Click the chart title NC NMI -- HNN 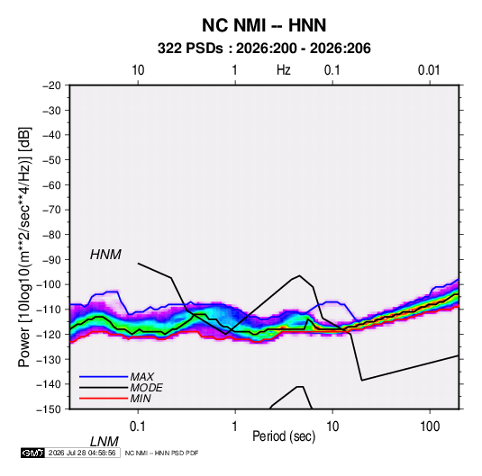[x=264, y=25]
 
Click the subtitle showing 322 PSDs [x=264, y=49]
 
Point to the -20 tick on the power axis [x=51, y=85]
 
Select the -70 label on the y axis [x=51, y=210]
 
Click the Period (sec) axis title [x=284, y=436]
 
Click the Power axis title [x=24, y=247]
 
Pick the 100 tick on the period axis [x=430, y=427]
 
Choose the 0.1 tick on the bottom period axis [x=138, y=427]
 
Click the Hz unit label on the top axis [x=284, y=70]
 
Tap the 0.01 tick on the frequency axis [x=429, y=70]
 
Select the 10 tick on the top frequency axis [x=138, y=70]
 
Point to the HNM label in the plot [x=105, y=255]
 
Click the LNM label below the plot [x=104, y=442]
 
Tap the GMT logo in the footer [x=32, y=453]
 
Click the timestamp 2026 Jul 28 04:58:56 [x=82, y=453]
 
